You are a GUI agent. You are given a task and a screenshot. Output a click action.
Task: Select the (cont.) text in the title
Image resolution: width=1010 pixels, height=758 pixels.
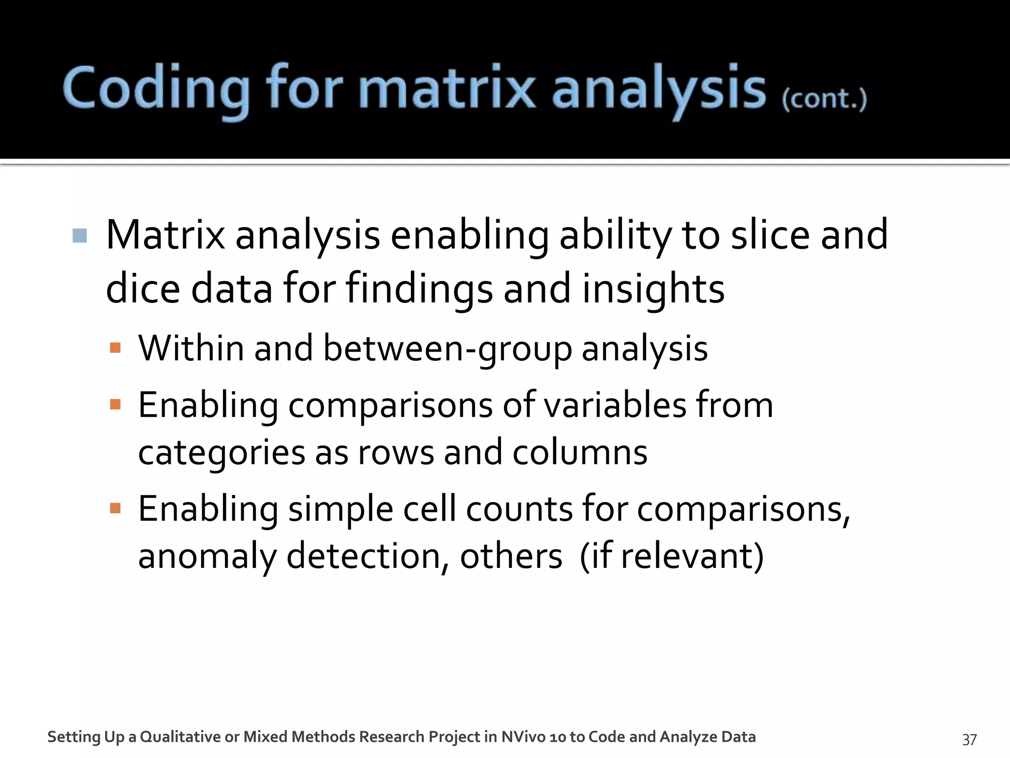pos(824,99)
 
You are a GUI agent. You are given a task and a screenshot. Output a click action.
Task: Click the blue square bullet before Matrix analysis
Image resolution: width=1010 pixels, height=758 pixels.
pos(79,235)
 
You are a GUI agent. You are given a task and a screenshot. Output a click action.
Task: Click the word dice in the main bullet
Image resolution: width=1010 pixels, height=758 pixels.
pos(143,289)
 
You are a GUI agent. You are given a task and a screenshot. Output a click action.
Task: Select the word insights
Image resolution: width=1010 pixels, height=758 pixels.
pos(653,289)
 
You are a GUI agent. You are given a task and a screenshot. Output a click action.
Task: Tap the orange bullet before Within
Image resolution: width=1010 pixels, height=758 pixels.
pos(115,348)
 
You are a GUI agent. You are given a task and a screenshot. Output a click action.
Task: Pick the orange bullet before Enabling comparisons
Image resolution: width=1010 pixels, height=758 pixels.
pos(115,405)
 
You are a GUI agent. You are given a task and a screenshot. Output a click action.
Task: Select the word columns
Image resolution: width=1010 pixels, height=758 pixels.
pos(579,453)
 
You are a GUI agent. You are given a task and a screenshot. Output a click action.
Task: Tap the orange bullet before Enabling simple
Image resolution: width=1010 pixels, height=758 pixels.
pos(115,508)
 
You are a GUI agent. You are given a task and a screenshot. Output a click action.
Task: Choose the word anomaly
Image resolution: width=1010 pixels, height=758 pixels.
pos(207,556)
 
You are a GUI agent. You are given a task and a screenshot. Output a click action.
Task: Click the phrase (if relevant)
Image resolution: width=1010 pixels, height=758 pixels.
pos(671,556)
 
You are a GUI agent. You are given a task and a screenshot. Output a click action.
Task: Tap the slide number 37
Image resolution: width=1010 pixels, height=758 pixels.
pos(969,739)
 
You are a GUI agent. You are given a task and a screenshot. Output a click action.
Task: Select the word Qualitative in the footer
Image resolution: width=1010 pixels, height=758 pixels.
pos(180,737)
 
